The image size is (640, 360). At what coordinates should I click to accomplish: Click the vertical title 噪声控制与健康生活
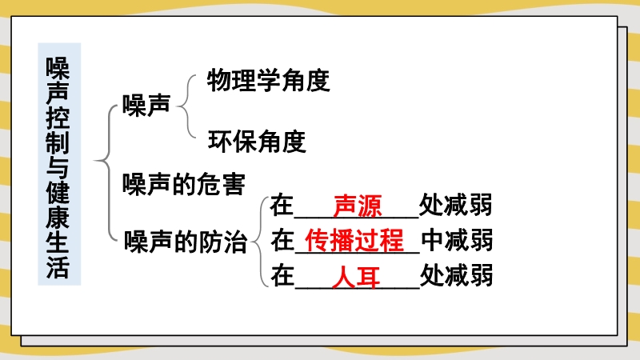click(58, 167)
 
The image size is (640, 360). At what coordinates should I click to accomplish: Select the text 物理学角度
click(269, 80)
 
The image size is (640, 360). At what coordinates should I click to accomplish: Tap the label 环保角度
click(257, 142)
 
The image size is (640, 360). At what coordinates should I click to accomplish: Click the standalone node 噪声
click(146, 106)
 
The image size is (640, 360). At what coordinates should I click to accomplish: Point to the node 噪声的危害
click(184, 184)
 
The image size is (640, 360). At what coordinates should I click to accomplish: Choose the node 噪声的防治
click(186, 242)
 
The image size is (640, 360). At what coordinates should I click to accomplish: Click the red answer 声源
click(358, 206)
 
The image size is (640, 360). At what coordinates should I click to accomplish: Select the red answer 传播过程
click(354, 240)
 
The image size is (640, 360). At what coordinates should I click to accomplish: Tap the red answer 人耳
click(356, 276)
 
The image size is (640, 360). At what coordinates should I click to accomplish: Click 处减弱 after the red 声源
click(455, 205)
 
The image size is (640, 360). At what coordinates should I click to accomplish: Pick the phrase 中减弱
click(457, 239)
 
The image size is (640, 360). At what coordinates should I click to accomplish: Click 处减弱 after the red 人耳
click(456, 274)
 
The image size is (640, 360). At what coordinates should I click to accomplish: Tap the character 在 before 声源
click(282, 205)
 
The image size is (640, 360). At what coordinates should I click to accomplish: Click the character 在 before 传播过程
click(282, 239)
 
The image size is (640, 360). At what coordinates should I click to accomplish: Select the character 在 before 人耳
click(282, 274)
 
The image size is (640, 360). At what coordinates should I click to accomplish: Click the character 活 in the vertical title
click(58, 267)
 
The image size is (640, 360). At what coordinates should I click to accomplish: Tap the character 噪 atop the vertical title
click(58, 68)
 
